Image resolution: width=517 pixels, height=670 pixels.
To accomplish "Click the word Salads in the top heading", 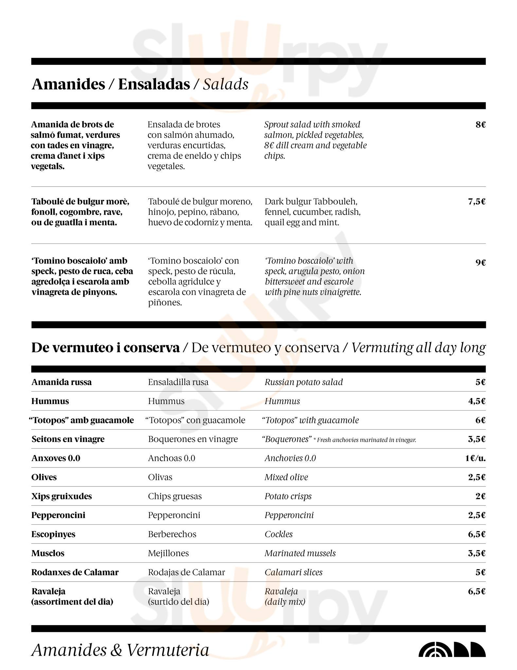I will [x=225, y=84].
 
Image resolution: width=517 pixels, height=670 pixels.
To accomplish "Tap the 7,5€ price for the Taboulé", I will [x=476, y=202].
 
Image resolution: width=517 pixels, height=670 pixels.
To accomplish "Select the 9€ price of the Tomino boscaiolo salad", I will [x=480, y=262].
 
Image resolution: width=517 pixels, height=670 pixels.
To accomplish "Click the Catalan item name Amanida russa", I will [x=62, y=382].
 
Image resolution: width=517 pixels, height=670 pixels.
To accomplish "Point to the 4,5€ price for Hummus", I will [x=476, y=401].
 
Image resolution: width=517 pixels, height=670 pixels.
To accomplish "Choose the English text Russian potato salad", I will [x=303, y=382].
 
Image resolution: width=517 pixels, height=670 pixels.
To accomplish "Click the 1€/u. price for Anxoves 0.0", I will [x=475, y=458].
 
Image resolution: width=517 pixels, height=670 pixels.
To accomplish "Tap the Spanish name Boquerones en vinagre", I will [x=193, y=439].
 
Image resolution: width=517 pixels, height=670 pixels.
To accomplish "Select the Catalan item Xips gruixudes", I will [x=62, y=496].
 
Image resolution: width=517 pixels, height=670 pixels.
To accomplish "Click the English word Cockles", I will [x=278, y=534].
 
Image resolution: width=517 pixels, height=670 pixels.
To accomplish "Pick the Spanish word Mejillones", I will [x=168, y=553].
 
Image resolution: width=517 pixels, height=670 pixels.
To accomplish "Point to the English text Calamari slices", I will [x=293, y=572].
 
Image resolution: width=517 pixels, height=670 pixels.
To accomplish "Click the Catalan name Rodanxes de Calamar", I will [x=75, y=572].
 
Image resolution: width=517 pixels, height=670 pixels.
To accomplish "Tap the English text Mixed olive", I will [x=286, y=477].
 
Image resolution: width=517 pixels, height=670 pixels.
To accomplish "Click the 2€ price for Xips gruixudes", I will [x=480, y=496].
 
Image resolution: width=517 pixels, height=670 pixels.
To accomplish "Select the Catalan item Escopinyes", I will [x=53, y=534].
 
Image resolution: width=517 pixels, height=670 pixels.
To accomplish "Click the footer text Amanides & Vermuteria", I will [x=120, y=650].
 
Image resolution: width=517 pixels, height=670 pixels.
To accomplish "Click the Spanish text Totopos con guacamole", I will [x=195, y=420].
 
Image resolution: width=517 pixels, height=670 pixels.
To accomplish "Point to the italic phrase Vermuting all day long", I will [x=418, y=347].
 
